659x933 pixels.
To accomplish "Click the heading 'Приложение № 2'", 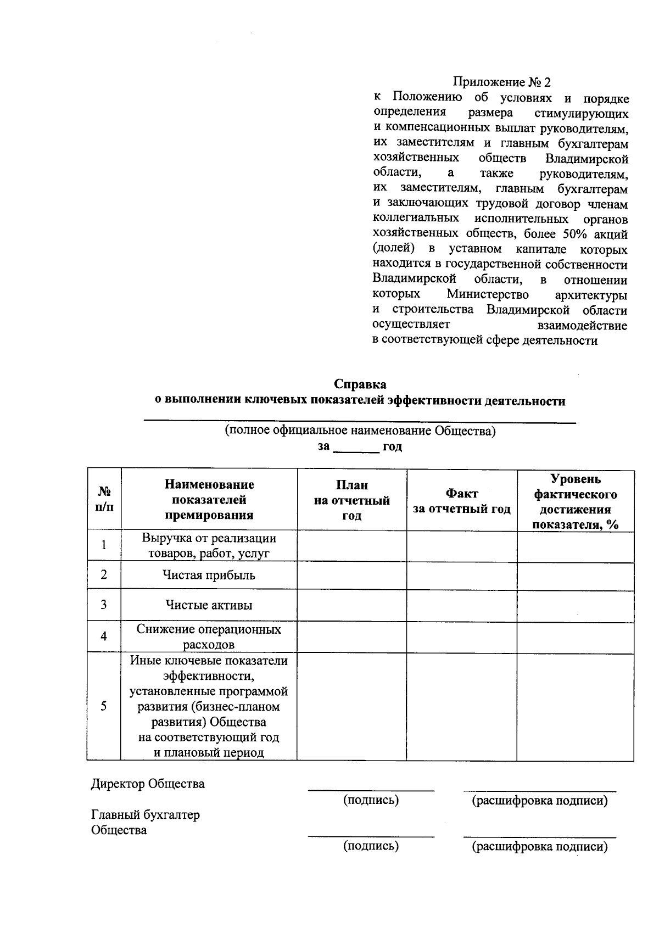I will coord(501,82).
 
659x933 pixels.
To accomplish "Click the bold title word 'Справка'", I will coord(360,384).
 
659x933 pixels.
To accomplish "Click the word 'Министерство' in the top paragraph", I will coord(488,295).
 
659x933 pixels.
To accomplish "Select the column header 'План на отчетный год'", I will coord(351,500).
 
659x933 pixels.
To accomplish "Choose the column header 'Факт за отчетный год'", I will coord(461,501).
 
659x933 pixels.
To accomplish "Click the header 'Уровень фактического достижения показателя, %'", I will coord(575,501).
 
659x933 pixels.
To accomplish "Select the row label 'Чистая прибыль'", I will coord(209,576).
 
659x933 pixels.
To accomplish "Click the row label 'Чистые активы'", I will coord(209,605).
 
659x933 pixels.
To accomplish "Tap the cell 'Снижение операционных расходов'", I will coord(209,636).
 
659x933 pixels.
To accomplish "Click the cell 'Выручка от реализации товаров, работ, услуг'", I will coord(209,545).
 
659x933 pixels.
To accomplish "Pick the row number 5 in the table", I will coord(104,706).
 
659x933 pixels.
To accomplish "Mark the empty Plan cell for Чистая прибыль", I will coord(351,576).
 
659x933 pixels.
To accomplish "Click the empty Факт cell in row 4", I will coord(461,636).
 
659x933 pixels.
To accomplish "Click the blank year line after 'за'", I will coord(356,448).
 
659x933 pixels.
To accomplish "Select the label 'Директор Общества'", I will coord(148,784).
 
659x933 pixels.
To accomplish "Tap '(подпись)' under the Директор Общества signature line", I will coord(371,800).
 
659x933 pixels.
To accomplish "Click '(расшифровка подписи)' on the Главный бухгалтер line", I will coord(540,846).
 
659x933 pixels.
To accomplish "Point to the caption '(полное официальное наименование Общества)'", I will coord(360,431).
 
